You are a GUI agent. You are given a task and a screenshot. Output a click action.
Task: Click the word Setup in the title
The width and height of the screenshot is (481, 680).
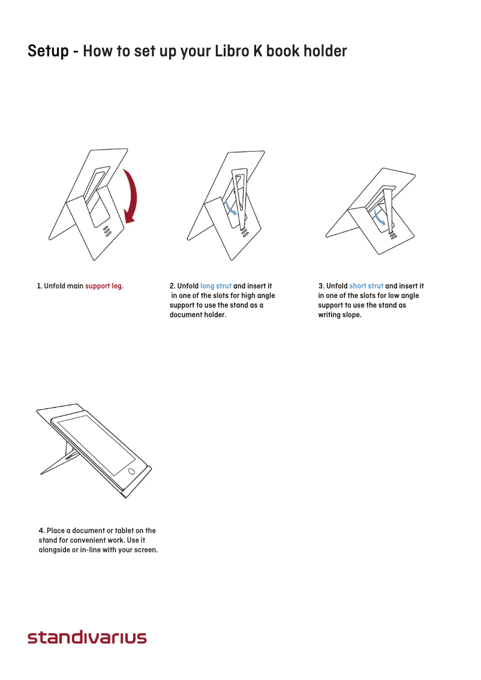(48, 52)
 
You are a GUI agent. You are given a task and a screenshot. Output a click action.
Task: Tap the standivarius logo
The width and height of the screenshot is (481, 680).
(87, 637)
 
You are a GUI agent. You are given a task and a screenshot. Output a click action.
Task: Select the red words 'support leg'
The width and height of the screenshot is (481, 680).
(103, 286)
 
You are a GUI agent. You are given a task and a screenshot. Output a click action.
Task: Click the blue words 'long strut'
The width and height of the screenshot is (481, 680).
(216, 286)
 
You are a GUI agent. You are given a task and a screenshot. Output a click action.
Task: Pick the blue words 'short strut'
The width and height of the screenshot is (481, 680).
(366, 286)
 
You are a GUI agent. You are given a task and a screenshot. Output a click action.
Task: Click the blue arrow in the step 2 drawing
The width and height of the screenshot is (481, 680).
(231, 208)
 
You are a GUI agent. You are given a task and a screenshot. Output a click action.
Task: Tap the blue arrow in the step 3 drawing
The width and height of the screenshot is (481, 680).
(378, 218)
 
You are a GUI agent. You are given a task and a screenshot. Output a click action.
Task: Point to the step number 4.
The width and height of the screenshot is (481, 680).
(41, 531)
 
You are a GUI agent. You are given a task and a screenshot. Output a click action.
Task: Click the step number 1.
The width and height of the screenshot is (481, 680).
(39, 286)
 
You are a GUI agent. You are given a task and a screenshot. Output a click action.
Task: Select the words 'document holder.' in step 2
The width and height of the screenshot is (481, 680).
(198, 315)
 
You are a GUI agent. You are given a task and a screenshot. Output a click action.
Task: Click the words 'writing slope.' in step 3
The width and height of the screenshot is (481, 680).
(339, 315)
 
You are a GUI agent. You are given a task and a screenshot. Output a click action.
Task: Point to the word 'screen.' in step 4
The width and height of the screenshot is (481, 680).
(145, 550)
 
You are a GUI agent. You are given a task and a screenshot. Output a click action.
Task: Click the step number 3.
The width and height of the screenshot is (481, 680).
(321, 286)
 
